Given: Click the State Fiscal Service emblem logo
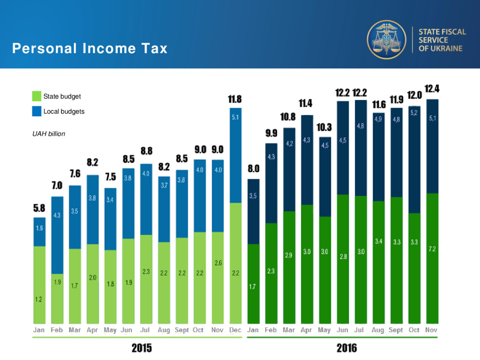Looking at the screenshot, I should point(386,39).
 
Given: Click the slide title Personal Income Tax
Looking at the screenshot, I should point(90,48).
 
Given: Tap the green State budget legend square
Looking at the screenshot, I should point(37,96).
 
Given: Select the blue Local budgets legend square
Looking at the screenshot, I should point(37,112).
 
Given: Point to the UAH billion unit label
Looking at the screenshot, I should point(49,134).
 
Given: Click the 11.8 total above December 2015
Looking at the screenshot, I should point(235,99).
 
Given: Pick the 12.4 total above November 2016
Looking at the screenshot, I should point(432,89).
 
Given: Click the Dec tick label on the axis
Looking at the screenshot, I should point(235,330).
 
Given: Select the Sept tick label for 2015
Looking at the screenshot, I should point(182,330).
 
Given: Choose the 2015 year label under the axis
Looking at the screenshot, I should point(142,348).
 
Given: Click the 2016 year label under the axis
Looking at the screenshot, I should point(346,348).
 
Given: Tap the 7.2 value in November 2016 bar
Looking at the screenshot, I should point(432,249).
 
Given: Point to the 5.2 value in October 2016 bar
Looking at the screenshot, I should point(414,113).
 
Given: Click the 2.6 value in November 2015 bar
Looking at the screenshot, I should point(218,263).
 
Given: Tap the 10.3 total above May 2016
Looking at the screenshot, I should point(324,127).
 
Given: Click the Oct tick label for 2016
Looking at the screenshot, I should point(414,330).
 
